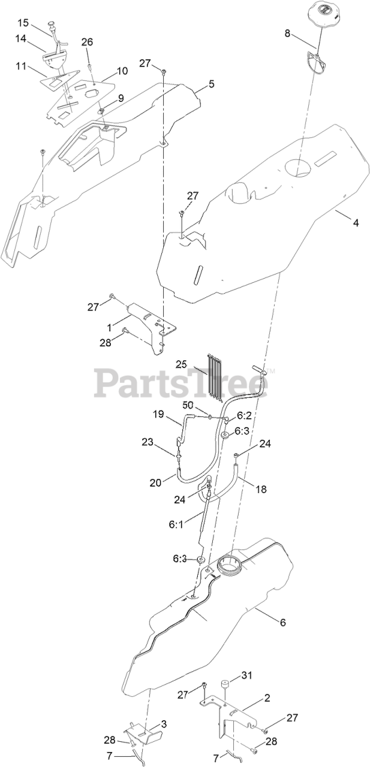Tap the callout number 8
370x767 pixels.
click(x=287, y=34)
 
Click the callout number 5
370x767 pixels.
click(x=211, y=84)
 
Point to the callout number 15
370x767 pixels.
click(x=22, y=23)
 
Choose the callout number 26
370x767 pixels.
click(x=87, y=42)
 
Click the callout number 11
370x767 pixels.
click(x=22, y=66)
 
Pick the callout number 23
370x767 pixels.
click(x=148, y=443)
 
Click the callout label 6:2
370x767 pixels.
click(x=244, y=415)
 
